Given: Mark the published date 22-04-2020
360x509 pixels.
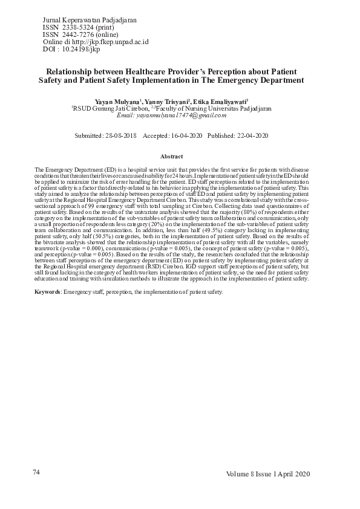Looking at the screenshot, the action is pyautogui.click(x=252, y=136).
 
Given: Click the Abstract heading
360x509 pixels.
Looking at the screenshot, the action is pyautogui.click(x=172, y=157).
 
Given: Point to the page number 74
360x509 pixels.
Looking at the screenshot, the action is pyautogui.click(x=36, y=472).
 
